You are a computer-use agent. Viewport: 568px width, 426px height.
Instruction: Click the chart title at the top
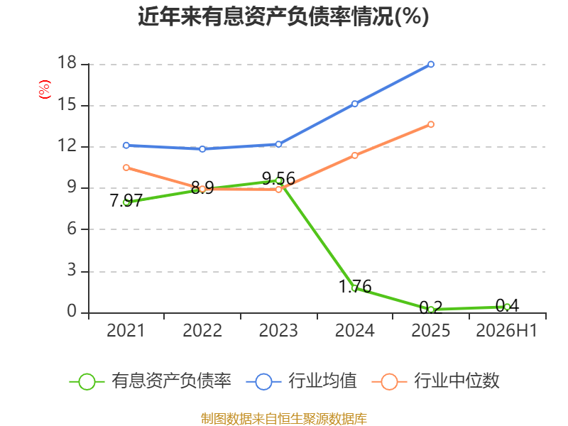283,16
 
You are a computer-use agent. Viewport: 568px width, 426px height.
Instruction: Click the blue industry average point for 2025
431,65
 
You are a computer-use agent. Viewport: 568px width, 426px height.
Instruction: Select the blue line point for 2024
354,104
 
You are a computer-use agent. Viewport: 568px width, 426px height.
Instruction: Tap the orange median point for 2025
431,124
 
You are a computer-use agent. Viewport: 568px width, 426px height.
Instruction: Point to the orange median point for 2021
126,168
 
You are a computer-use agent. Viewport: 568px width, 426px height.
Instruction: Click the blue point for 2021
126,146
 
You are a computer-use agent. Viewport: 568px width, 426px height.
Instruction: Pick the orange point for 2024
354,155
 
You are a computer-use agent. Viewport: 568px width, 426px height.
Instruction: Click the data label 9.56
278,179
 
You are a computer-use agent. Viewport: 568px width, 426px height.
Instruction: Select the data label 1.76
355,287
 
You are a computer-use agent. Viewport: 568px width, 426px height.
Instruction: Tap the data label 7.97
126,200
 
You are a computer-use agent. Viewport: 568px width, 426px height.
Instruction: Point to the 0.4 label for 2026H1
507,305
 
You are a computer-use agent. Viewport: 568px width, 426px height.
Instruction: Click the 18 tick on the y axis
67,62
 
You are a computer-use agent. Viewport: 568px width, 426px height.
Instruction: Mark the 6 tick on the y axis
72,229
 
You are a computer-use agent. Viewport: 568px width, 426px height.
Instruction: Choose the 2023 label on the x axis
278,330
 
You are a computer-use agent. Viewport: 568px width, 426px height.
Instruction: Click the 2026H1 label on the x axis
506,330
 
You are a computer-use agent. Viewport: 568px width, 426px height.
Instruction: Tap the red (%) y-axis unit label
45,89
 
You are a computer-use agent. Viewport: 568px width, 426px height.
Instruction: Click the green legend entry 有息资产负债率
150,381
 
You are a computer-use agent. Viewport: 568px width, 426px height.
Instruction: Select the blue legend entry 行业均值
301,381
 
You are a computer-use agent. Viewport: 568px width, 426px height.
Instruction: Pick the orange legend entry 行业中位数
436,381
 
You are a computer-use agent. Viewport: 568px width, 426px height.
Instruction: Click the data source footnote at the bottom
284,418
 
